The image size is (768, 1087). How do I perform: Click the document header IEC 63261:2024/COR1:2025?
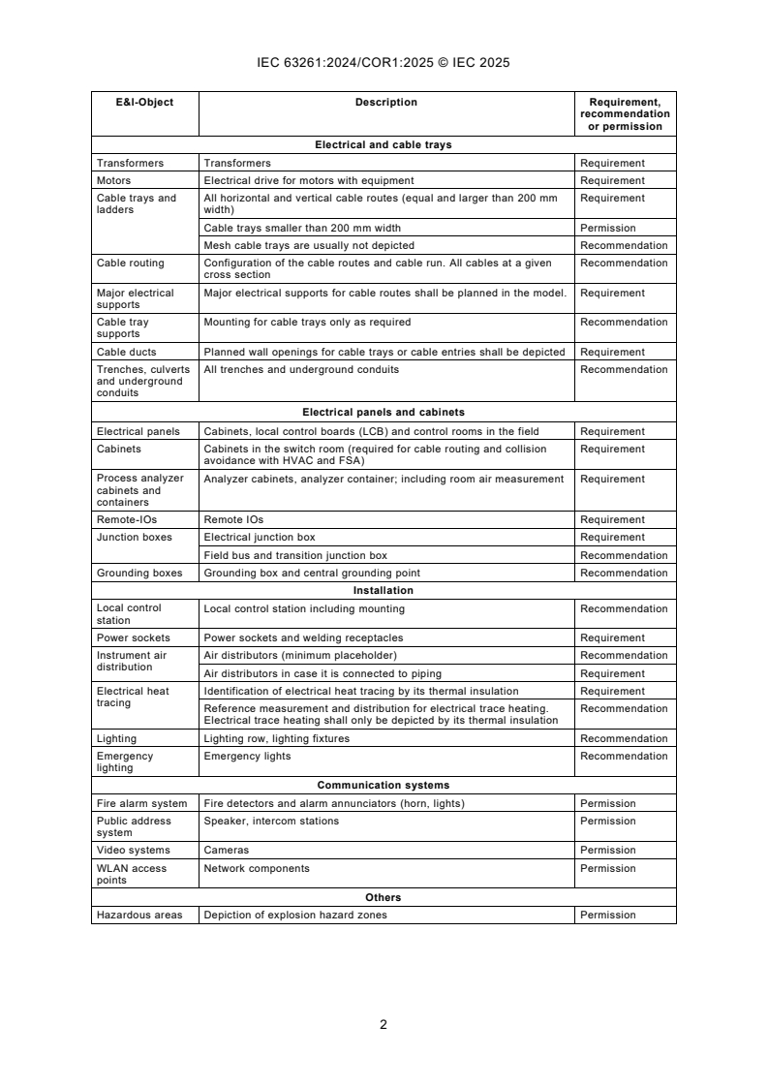pyautogui.click(x=384, y=63)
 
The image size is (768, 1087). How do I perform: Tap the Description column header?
pyautogui.click(x=385, y=103)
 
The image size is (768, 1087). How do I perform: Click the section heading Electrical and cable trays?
pyautogui.click(x=384, y=145)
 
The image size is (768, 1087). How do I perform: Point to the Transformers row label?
pyautogui.click(x=130, y=163)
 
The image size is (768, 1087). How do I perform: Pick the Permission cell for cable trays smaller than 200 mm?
pyautogui.click(x=607, y=228)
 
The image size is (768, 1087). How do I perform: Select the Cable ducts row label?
pyautogui.click(x=126, y=353)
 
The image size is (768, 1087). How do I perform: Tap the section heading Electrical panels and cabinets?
pyautogui.click(x=384, y=412)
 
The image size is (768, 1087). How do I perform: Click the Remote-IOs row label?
pyautogui.click(x=126, y=520)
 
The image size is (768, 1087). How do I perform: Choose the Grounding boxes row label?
pyautogui.click(x=139, y=574)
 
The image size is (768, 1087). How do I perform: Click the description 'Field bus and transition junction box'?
pyautogui.click(x=295, y=556)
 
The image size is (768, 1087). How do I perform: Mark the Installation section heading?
pyautogui.click(x=384, y=590)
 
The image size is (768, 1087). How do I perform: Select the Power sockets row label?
pyautogui.click(x=133, y=638)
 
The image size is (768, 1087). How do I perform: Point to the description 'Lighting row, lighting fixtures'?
pyautogui.click(x=277, y=739)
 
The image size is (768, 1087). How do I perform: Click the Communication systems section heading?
pyautogui.click(x=384, y=785)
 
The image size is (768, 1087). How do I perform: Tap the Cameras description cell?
pyautogui.click(x=226, y=851)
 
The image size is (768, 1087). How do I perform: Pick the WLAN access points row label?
pyautogui.click(x=132, y=874)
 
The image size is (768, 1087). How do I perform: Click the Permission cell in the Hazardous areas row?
pyautogui.click(x=607, y=916)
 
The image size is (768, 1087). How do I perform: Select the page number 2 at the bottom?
pyautogui.click(x=384, y=1024)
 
